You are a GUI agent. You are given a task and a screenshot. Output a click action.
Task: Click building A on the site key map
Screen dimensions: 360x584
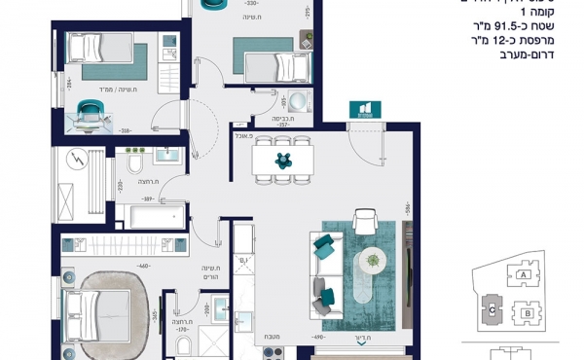click(526, 276)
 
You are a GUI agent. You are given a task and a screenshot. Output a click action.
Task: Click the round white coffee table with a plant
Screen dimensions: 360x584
click(371, 261)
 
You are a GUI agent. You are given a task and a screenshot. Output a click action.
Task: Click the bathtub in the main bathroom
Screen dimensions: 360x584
click(151, 215)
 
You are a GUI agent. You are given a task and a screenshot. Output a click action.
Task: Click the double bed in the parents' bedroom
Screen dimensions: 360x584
click(102, 312)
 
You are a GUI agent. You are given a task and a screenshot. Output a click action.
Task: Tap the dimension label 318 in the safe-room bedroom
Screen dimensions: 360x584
click(125, 129)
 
